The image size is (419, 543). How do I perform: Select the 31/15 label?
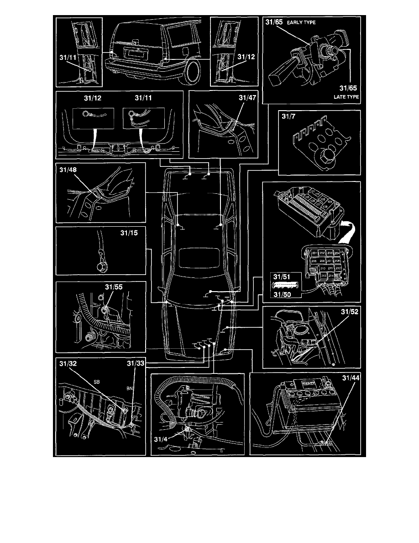point(128,234)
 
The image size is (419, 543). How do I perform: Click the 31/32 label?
point(68,364)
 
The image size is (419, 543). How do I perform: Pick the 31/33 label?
point(136,364)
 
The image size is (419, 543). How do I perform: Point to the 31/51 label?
point(281,276)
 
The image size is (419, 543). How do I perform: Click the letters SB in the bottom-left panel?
point(97,381)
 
